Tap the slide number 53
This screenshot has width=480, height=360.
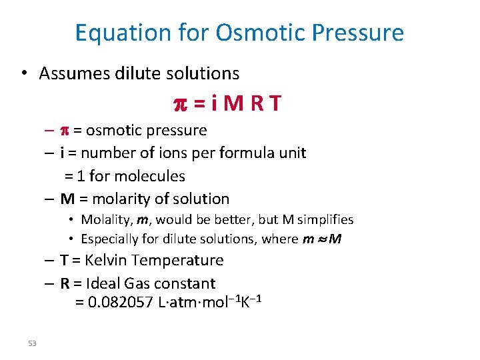pyautogui.click(x=32, y=343)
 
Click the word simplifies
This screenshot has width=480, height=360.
pyautogui.click(x=325, y=219)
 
